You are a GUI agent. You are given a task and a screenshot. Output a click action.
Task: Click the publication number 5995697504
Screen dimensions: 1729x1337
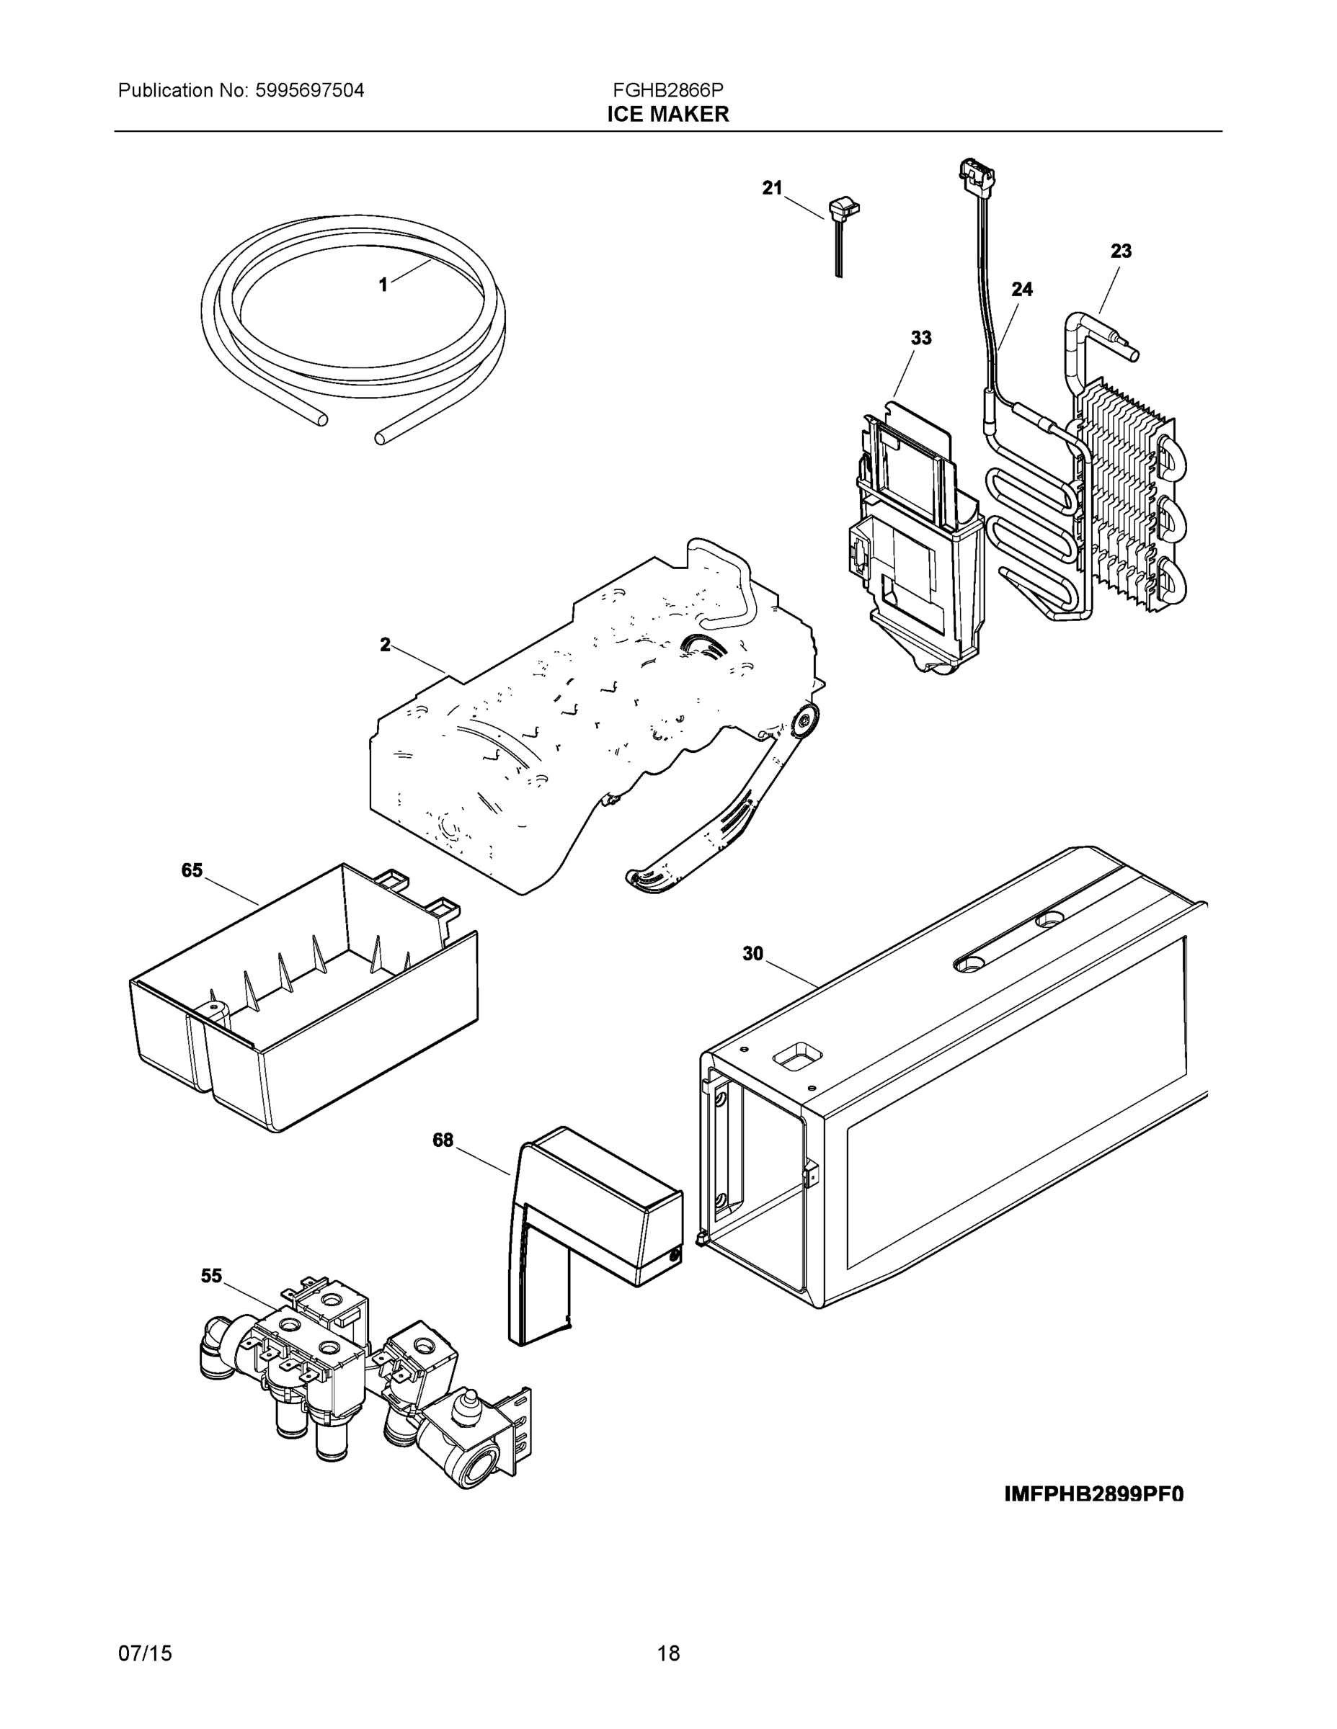tap(309, 90)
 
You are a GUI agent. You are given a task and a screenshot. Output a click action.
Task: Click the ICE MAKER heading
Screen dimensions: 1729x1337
tap(667, 115)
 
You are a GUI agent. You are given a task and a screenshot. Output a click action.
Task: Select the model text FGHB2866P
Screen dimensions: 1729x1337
tap(667, 90)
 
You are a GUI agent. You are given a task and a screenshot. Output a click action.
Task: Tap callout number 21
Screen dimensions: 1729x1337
tap(771, 187)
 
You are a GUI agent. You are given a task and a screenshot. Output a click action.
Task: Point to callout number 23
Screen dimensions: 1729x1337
tap(1121, 251)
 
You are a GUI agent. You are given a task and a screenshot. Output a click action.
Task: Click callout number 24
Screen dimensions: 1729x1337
tap(1022, 289)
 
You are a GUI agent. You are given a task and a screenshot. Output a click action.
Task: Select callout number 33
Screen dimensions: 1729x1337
tap(920, 338)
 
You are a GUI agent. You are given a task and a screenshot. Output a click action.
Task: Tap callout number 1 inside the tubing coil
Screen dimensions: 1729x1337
tap(383, 285)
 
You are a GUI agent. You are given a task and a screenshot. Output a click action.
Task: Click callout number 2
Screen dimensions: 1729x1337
tap(385, 645)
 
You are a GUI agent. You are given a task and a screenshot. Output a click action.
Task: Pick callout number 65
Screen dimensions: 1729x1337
tap(192, 871)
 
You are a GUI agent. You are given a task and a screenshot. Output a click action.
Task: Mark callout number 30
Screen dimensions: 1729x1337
tap(752, 954)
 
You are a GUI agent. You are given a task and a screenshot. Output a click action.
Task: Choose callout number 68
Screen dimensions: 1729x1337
tap(443, 1140)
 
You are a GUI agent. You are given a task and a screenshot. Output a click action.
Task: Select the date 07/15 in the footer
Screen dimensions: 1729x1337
tap(145, 1653)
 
